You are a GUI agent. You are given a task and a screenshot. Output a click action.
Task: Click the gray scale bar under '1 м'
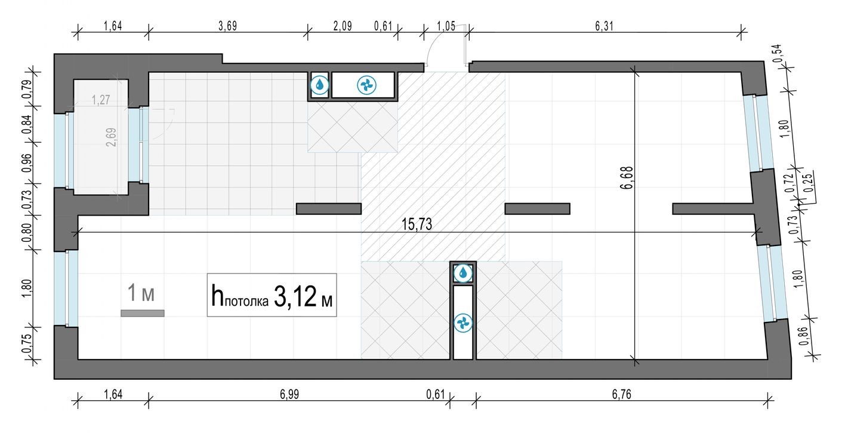[x=142, y=313]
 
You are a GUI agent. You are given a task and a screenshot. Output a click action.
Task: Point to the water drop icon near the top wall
[x=320, y=85]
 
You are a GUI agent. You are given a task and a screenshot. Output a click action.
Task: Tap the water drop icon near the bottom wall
[x=463, y=274]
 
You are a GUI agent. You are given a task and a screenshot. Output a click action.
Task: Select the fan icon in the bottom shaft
[x=463, y=323]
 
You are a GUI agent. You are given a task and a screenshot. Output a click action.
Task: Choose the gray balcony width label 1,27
[x=101, y=101]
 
